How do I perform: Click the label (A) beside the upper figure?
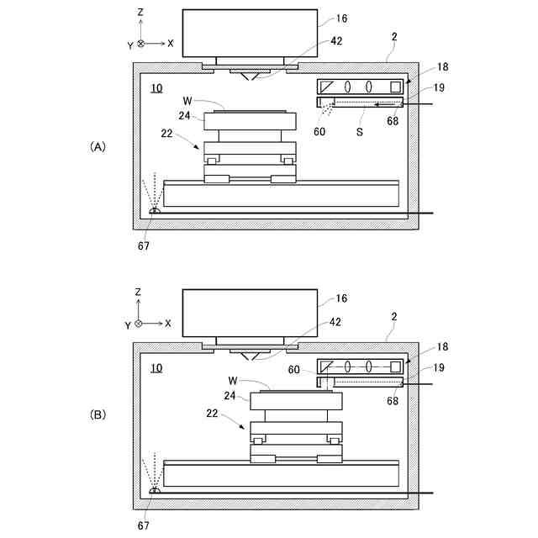98,146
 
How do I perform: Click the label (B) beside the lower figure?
98,414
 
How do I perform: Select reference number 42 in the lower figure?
335,322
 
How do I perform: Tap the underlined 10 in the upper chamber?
157,87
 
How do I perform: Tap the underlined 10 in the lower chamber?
157,367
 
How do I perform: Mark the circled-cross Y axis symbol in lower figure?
140,324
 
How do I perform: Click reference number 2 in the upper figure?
395,36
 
